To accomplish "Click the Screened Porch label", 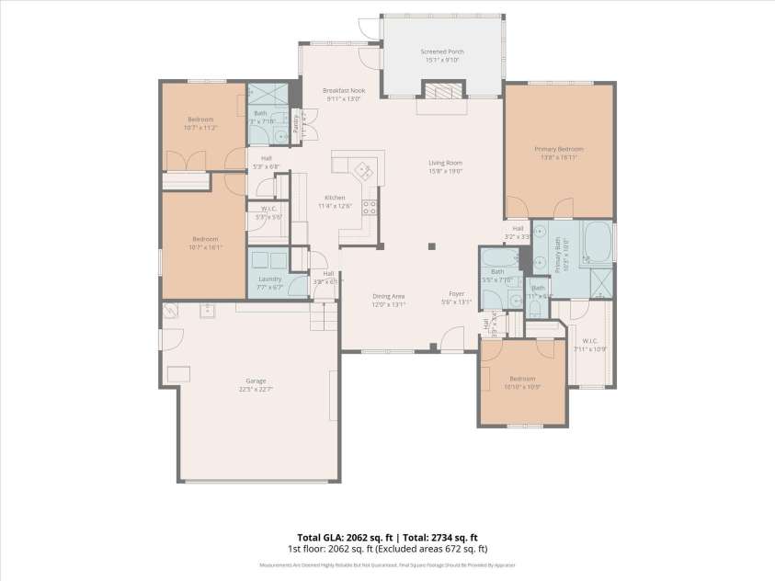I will click(x=443, y=51).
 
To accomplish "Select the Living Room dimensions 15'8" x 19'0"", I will click(x=445, y=171).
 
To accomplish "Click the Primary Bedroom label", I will click(x=559, y=148).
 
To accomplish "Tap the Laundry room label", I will click(x=269, y=279).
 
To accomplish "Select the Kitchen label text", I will click(x=334, y=198).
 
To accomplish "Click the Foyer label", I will click(x=456, y=293).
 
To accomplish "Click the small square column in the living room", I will click(x=432, y=246).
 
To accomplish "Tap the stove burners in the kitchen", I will click(x=370, y=207).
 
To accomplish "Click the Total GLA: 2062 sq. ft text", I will click(x=338, y=537).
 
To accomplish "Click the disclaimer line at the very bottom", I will click(x=387, y=565).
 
